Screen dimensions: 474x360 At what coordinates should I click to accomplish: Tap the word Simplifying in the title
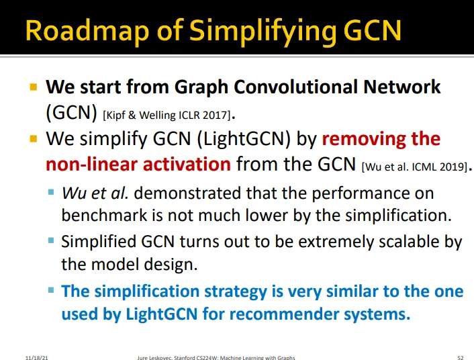click(x=262, y=32)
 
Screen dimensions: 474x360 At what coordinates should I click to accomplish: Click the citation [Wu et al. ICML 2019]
click(x=415, y=167)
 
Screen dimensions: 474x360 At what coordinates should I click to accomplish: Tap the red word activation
click(x=187, y=165)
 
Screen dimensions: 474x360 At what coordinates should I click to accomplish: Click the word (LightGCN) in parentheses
click(x=244, y=139)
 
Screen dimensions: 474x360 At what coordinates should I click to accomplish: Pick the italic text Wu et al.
click(x=95, y=193)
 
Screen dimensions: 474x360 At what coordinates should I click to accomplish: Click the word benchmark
click(x=103, y=216)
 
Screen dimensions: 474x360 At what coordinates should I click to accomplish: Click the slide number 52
click(x=461, y=357)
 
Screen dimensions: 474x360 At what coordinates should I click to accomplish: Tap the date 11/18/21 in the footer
click(x=36, y=358)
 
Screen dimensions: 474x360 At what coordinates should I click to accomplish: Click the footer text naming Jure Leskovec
click(x=216, y=358)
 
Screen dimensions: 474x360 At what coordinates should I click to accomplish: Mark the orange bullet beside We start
click(x=34, y=87)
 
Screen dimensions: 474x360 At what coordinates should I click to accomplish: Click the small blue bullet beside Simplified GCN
click(x=51, y=241)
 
